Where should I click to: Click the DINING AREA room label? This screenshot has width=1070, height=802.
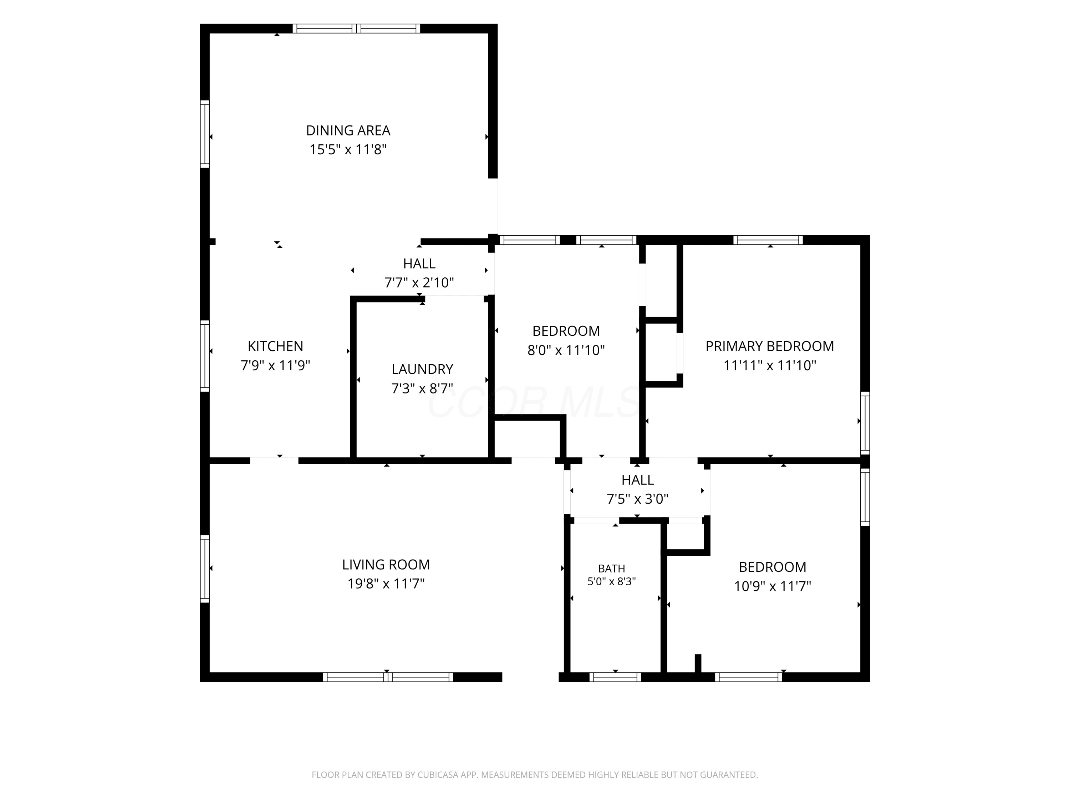(x=348, y=130)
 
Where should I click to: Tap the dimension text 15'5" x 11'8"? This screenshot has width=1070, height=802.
(x=348, y=149)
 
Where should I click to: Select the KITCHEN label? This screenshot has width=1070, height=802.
(x=275, y=346)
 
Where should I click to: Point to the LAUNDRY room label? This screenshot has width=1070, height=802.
(x=422, y=369)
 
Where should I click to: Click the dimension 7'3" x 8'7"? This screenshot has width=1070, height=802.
(x=422, y=388)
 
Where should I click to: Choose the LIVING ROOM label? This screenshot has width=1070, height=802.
(x=386, y=565)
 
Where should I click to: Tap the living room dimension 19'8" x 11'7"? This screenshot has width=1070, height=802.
(x=386, y=583)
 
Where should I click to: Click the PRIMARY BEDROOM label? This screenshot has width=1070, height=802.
(x=770, y=346)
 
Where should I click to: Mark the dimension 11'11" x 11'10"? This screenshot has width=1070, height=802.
(x=770, y=365)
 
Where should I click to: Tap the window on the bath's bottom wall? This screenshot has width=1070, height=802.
(x=615, y=677)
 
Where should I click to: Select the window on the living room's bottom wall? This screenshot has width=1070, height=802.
(x=388, y=677)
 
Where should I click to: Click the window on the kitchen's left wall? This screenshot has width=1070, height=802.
(x=205, y=356)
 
